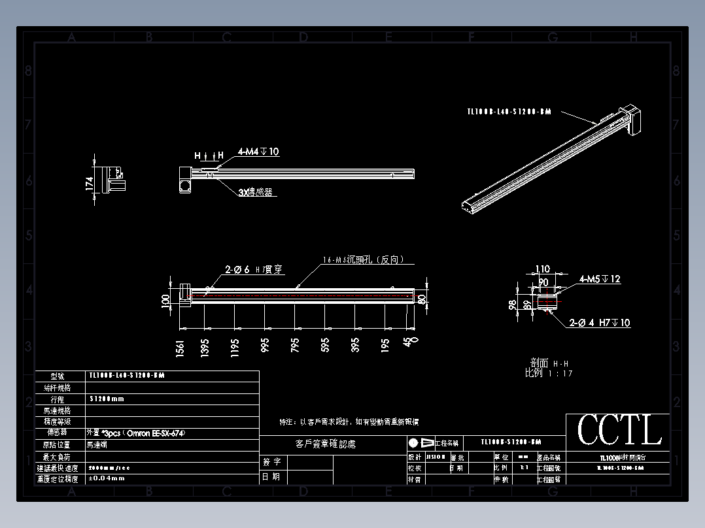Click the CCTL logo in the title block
pos(619,431)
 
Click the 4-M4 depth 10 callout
pos(258,152)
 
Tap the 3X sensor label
pos(255,193)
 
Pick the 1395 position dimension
pos(205,348)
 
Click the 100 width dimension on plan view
pos(165,301)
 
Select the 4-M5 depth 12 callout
pos(600,279)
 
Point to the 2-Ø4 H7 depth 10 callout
pos(600,323)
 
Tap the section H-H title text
pos(549,363)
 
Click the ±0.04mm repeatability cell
pos(106,479)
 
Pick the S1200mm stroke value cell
pos(107,399)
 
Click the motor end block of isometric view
pos(632,121)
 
